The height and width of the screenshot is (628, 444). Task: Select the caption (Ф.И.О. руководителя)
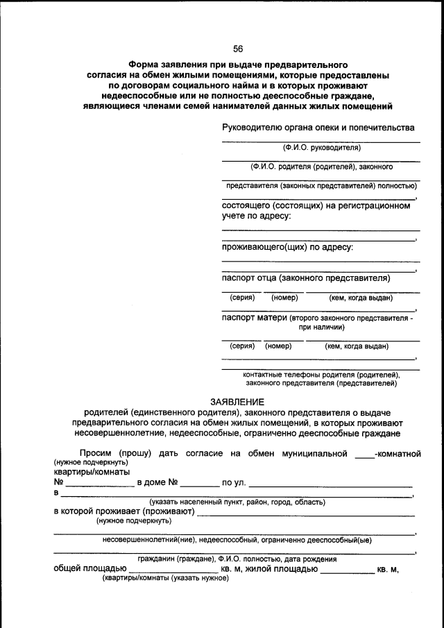coord(321,148)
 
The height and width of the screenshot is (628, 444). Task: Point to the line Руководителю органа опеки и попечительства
coord(318,128)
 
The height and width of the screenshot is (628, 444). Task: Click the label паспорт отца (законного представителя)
coord(305,278)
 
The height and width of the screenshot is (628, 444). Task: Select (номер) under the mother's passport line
coord(278,346)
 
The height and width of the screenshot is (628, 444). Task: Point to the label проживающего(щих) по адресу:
coord(287,246)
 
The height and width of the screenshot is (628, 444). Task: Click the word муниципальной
coord(314,454)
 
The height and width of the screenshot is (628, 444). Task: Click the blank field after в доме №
coord(200,484)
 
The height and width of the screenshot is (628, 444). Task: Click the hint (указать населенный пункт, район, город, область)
coord(237,502)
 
